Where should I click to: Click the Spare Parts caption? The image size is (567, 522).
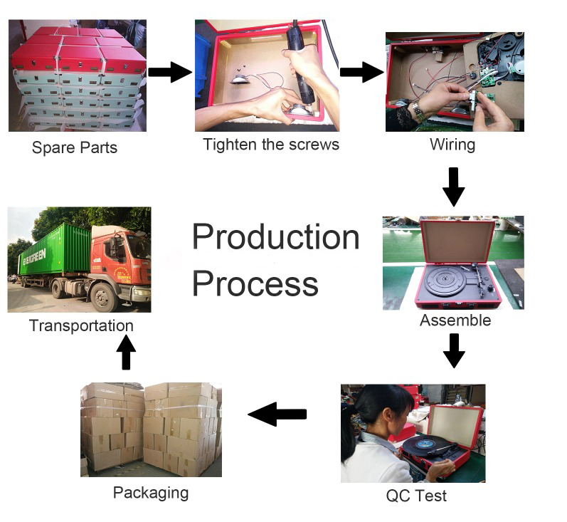tap(74, 148)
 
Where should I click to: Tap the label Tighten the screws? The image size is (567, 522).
tap(270, 145)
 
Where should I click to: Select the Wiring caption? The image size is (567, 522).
tap(452, 145)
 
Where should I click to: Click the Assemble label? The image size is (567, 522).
tap(455, 320)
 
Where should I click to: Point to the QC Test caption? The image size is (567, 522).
tap(416, 496)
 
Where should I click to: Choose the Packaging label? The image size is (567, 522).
tap(150, 492)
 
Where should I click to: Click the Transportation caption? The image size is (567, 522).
tap(81, 325)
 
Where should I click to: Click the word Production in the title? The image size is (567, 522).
tap(275, 236)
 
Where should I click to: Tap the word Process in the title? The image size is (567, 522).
tap(255, 283)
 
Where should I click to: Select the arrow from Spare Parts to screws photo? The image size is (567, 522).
tap(170, 72)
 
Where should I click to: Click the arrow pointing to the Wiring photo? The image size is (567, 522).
tap(361, 72)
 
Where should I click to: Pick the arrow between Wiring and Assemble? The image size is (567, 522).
tap(453, 187)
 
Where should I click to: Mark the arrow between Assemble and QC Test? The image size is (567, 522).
tap(454, 349)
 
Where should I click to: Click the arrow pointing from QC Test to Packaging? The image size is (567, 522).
tap(277, 414)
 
